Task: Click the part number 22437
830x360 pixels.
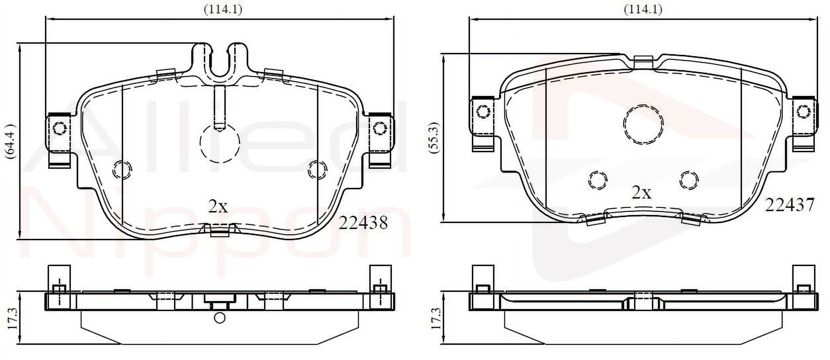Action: pyautogui.click(x=789, y=205)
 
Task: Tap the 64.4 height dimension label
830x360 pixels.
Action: pyautogui.click(x=10, y=141)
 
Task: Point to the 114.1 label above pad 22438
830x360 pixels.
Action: pyautogui.click(x=223, y=10)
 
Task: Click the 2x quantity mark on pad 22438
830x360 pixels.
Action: pyautogui.click(x=218, y=206)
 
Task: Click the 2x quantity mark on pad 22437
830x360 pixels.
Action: pyautogui.click(x=641, y=192)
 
